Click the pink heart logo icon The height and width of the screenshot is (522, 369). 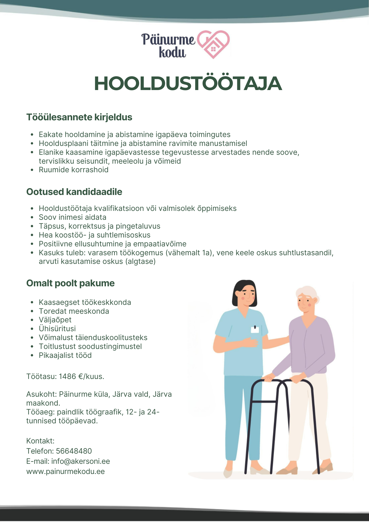pos(213,44)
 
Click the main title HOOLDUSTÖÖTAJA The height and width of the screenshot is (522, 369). pos(188,84)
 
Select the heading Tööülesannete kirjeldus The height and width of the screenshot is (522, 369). pos(79,117)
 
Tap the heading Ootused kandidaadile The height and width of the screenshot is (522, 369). pos(74,192)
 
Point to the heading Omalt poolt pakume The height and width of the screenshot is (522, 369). pos(70,283)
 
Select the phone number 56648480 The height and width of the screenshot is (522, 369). pos(74,451)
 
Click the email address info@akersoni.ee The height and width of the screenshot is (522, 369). pos(80,461)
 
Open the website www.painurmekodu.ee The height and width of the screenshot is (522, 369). pos(66,471)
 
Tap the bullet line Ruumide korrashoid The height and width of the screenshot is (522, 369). pos(74,170)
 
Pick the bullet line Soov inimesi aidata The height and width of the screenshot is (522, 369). pos(73,217)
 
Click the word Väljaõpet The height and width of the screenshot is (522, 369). pos(55,320)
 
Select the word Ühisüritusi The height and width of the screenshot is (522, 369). pos(57,329)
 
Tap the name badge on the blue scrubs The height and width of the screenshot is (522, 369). pos(255,329)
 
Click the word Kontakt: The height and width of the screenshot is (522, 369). pos(40,441)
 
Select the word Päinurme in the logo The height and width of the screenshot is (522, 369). pos(168,39)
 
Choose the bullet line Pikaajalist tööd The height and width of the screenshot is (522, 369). pos(65,355)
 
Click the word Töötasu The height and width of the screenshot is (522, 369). pos(41,376)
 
